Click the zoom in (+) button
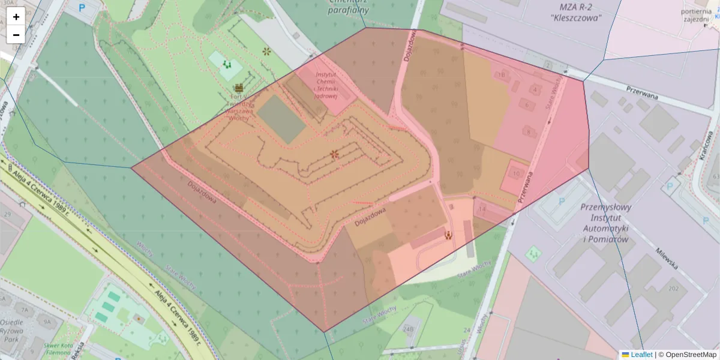[x=16, y=17]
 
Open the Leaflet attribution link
[x=641, y=355]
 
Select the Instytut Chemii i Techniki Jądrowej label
[x=326, y=85]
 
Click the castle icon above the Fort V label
[x=239, y=88]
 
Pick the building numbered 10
[x=517, y=173]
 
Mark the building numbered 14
[x=482, y=209]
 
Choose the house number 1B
[x=501, y=75]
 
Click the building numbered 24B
[x=409, y=329]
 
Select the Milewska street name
[x=666, y=258]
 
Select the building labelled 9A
[x=45, y=321]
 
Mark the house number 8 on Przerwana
[x=528, y=131]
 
